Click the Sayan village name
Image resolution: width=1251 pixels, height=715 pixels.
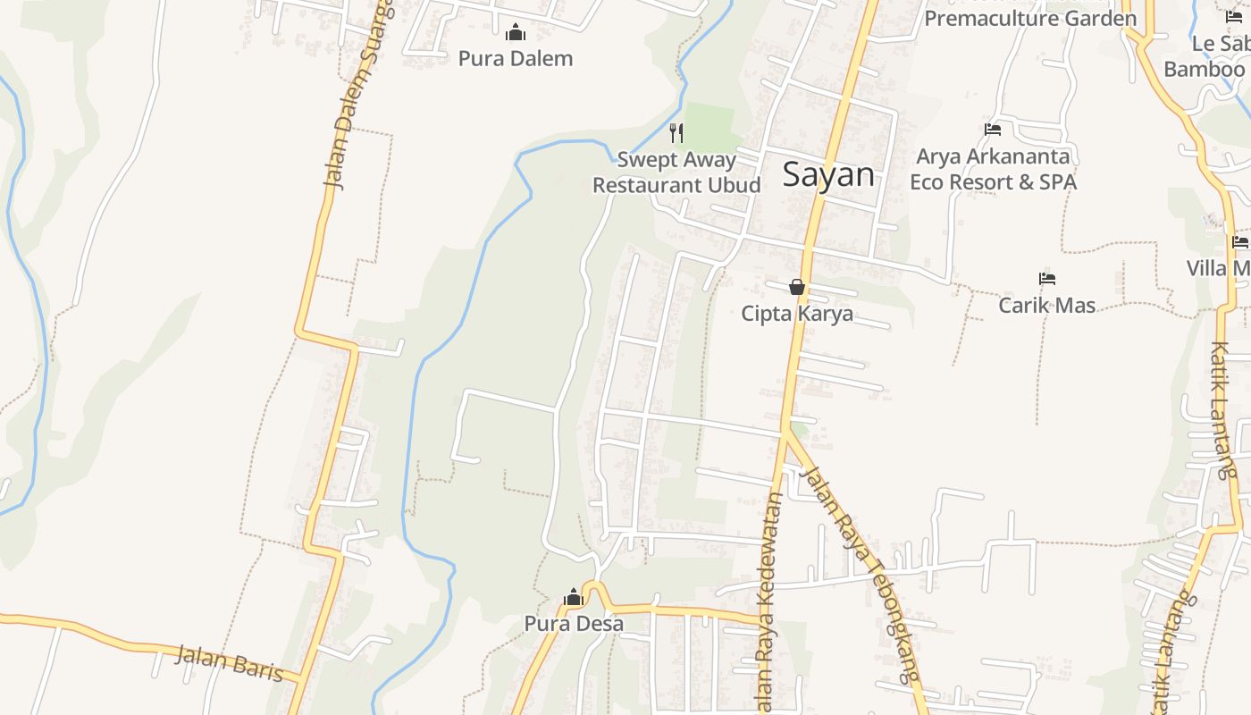(x=828, y=174)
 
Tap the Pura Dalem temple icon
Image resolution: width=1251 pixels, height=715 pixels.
(x=516, y=34)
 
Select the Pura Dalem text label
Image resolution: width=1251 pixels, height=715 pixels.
(x=516, y=59)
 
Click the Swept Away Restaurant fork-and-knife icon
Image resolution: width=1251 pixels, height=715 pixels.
(x=677, y=133)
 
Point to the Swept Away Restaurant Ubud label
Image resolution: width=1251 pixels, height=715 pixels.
(x=676, y=172)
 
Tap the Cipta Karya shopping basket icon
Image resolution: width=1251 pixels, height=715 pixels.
(x=797, y=287)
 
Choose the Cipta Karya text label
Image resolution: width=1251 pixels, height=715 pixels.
(x=797, y=314)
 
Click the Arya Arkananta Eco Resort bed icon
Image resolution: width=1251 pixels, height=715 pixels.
(x=993, y=130)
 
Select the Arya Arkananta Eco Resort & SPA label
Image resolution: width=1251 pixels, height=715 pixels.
(x=993, y=169)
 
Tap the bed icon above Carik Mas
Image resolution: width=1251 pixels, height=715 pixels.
(x=1047, y=279)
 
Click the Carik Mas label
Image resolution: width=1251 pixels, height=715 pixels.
(x=1046, y=306)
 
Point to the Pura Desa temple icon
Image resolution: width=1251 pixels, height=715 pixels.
(x=573, y=597)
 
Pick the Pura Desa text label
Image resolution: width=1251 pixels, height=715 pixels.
(x=574, y=624)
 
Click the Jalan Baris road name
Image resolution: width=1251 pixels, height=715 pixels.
(x=229, y=663)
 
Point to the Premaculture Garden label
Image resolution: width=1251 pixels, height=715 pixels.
(x=1030, y=17)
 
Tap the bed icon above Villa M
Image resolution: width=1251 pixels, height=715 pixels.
(x=1239, y=241)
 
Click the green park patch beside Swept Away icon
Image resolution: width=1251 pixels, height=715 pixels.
(x=711, y=125)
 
